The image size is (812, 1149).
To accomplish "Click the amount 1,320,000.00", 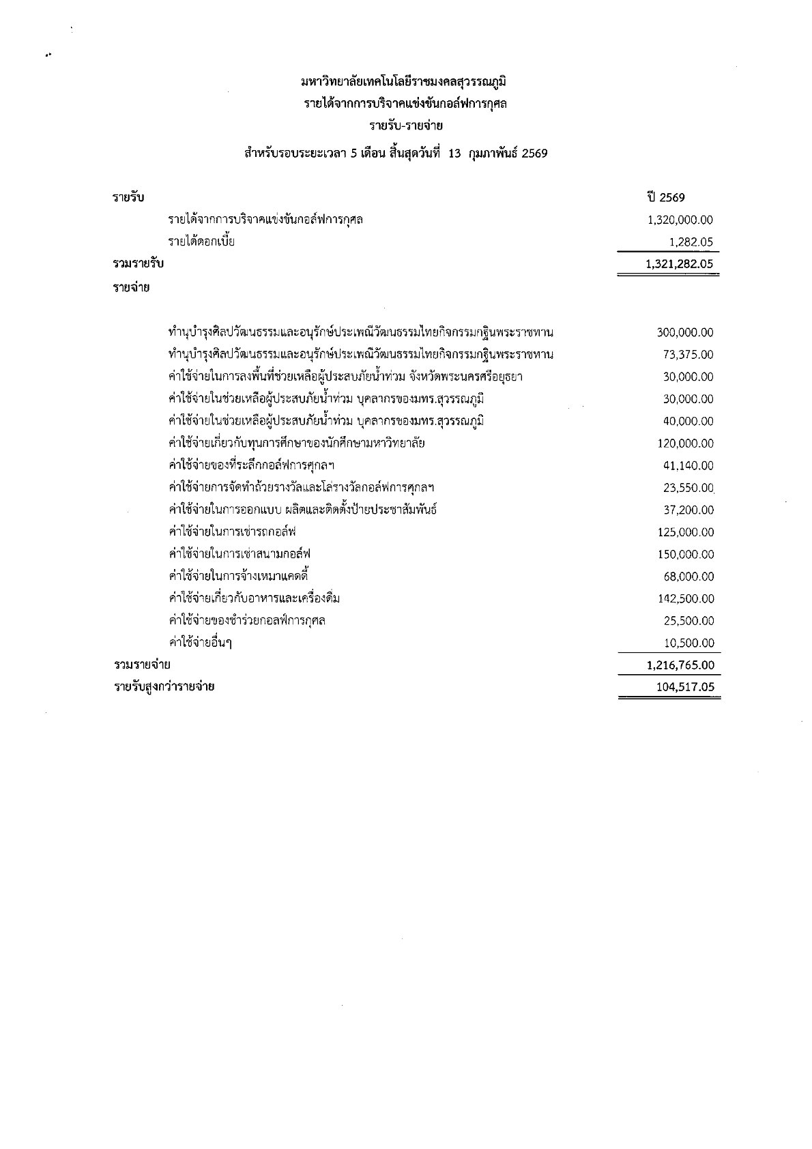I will coord(679,220).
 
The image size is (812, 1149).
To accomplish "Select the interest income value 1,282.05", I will coord(691,242).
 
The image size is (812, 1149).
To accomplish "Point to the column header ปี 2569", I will coord(667,197).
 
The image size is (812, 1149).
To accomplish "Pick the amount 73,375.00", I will coord(688,355).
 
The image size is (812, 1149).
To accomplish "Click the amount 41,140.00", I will coord(688,465).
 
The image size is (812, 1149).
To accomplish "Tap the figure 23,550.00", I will coord(688,488).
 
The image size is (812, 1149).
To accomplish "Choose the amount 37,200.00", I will coord(688,510).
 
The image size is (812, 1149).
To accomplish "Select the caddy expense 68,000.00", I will coord(688,577).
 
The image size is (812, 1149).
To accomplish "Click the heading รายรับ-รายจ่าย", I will coord(405,126).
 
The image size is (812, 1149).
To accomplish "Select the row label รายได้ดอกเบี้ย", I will coord(201,241).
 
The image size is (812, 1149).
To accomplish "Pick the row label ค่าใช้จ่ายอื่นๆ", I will coord(200,643).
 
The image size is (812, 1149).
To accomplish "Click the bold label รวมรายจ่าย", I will coord(142,665).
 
